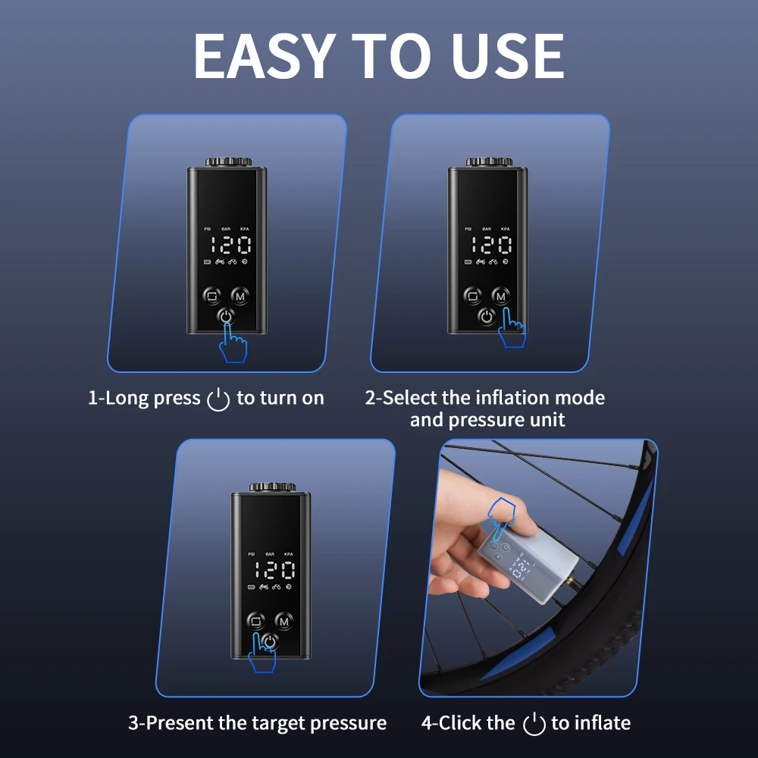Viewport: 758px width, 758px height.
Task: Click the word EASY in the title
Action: [x=265, y=56]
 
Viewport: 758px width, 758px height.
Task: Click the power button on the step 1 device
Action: [x=226, y=317]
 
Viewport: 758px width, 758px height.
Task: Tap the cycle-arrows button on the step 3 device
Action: [x=255, y=622]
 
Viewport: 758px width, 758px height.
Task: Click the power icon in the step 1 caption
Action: [x=218, y=399]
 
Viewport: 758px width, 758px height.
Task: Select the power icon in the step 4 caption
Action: [x=534, y=724]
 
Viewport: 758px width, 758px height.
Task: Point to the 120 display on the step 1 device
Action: [x=230, y=245]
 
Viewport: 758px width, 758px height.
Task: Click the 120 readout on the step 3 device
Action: [x=274, y=570]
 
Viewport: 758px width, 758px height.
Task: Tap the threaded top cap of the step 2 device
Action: [x=489, y=161]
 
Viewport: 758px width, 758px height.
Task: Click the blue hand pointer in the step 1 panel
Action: [x=233, y=343]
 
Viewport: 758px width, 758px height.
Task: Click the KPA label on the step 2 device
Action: [x=505, y=229]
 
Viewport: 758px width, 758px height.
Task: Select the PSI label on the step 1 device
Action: [x=208, y=229]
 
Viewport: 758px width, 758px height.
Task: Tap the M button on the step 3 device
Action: [x=283, y=622]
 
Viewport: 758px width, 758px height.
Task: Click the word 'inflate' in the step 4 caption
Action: [x=603, y=723]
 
